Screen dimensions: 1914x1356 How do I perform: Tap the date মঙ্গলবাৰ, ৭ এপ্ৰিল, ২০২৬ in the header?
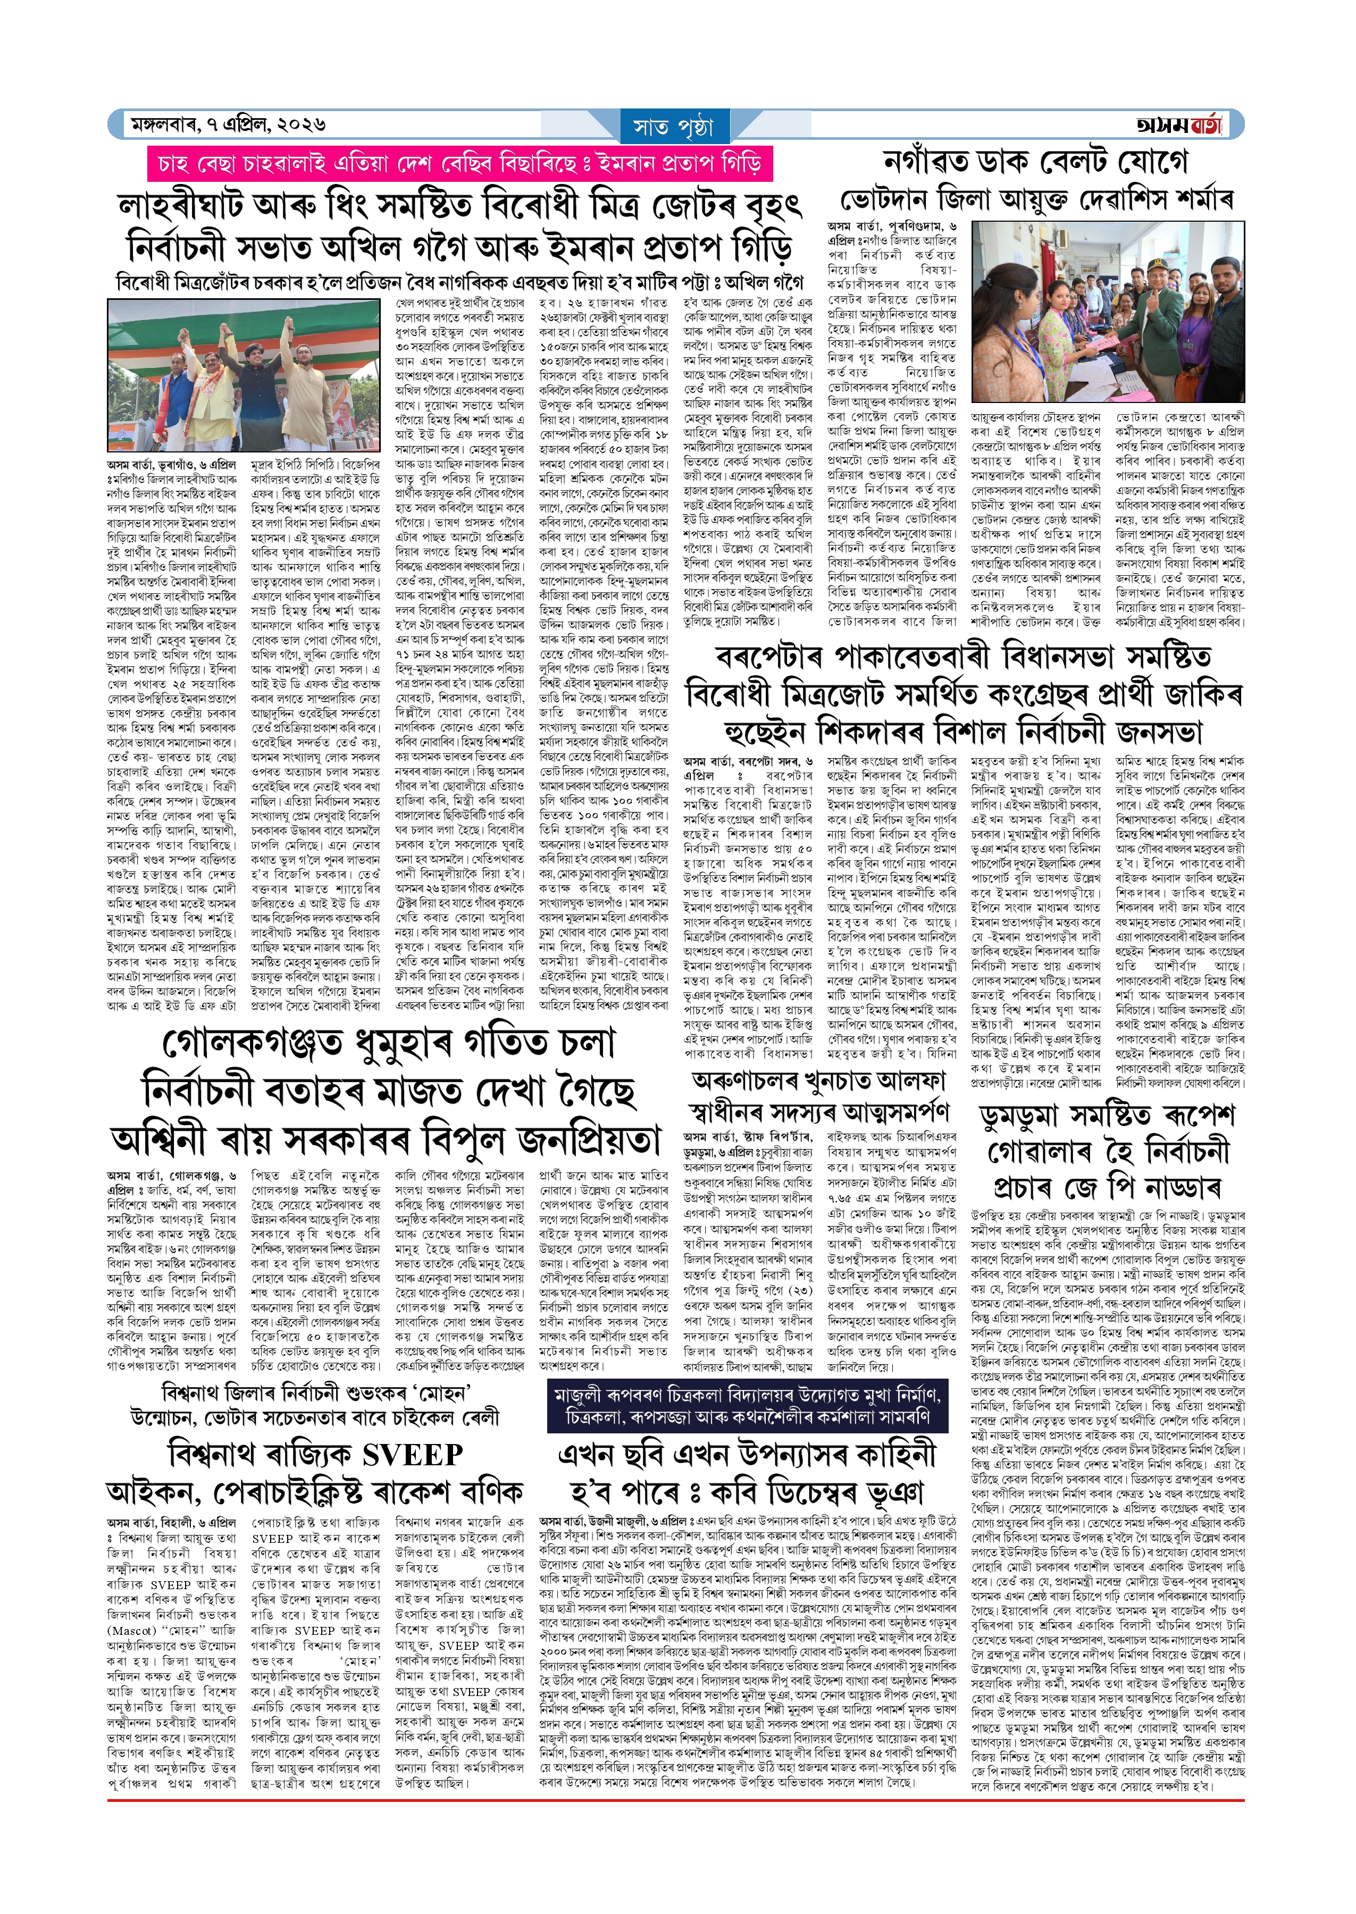pos(227,125)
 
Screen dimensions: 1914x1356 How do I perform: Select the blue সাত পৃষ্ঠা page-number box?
pos(675,127)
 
